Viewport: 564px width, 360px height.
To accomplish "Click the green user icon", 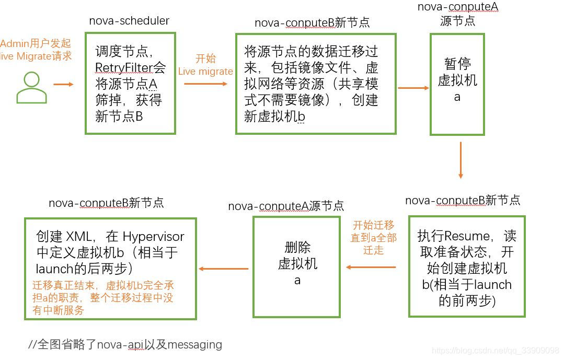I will [x=31, y=87].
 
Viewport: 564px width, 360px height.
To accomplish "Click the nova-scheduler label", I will [x=129, y=21].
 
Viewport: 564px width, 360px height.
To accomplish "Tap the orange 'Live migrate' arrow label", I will [x=205, y=71].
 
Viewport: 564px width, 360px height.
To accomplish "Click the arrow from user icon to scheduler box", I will [x=63, y=84].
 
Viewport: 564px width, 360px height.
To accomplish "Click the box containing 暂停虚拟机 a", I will [x=457, y=84].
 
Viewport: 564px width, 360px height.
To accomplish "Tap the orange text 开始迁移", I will [x=373, y=225].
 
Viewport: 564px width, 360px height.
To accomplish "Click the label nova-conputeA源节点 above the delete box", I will [x=286, y=206].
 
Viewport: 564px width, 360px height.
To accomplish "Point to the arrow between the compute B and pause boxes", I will [x=413, y=88].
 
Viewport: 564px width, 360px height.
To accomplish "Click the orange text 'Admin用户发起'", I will [x=36, y=43].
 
